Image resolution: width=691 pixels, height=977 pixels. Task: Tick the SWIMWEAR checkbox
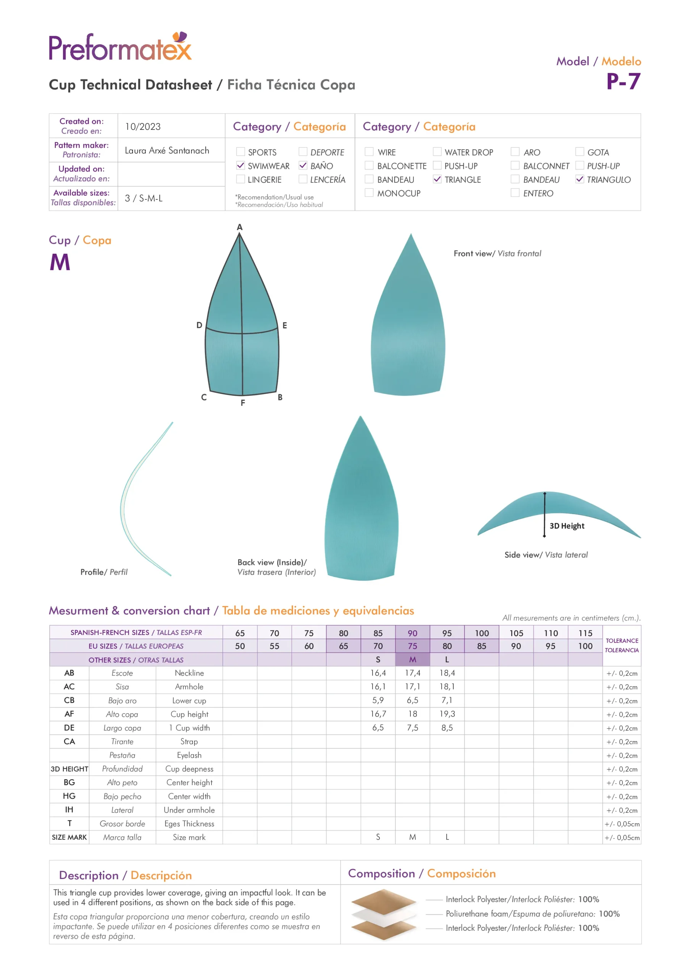point(241,166)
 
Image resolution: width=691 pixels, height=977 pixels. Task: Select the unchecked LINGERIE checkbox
point(241,179)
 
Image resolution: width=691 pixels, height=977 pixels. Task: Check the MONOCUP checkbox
point(369,193)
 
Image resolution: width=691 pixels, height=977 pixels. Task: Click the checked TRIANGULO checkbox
point(580,179)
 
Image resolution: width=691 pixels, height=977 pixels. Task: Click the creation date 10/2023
point(143,126)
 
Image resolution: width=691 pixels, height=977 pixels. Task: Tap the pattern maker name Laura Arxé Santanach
point(167,150)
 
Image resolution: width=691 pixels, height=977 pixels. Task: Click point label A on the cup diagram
point(240,227)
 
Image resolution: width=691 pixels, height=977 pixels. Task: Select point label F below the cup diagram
point(243,403)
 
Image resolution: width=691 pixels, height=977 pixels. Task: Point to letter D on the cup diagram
point(199,325)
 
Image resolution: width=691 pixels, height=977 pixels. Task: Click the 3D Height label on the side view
point(567,526)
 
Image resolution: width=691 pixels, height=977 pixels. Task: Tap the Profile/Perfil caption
point(104,572)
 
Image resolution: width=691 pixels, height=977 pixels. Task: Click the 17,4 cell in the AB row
point(412,673)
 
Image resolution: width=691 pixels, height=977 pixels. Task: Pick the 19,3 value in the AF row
point(447,714)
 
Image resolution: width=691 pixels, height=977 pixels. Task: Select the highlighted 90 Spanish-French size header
point(412,633)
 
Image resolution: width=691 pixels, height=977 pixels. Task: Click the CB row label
point(69,700)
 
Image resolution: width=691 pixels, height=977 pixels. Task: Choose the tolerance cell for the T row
point(622,824)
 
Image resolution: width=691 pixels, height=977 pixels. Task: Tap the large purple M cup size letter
point(60,262)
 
